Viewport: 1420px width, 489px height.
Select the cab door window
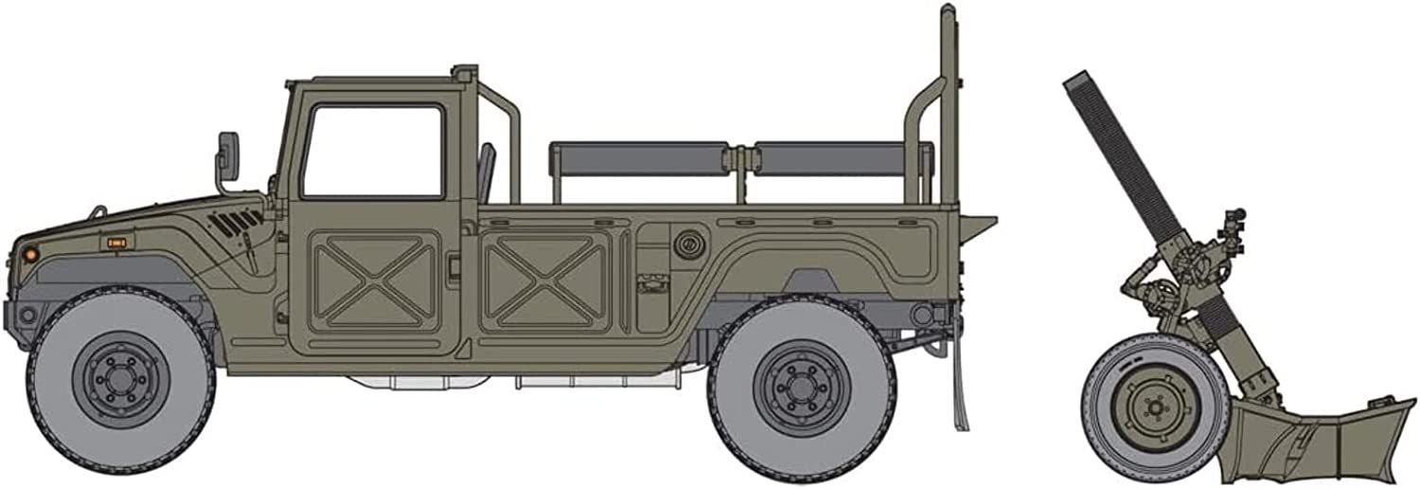(x=372, y=152)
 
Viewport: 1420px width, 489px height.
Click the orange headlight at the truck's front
(x=27, y=254)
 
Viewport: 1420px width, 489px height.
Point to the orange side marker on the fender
(x=117, y=244)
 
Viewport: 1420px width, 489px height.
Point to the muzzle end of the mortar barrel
(x=1077, y=82)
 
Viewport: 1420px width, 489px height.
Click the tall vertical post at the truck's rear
(x=948, y=104)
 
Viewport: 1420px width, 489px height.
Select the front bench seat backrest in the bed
(x=638, y=159)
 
